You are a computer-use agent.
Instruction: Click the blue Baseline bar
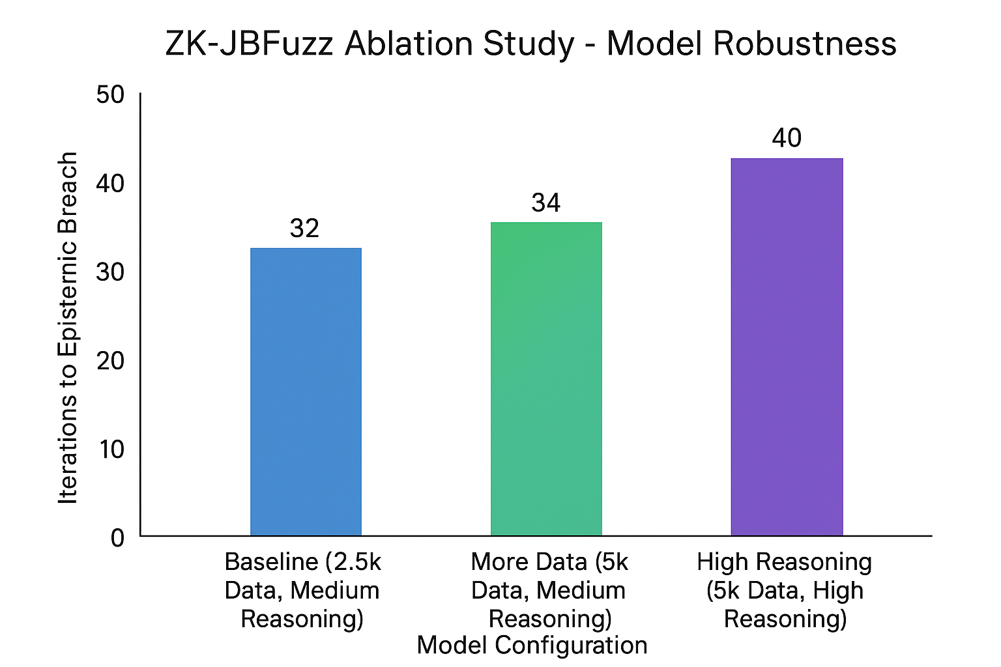306,391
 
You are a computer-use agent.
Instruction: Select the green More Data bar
546,378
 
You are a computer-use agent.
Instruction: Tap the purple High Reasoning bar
787,347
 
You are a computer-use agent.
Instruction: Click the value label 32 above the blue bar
304,229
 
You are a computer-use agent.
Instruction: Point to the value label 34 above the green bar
545,203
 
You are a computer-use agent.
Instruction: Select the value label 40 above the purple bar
787,138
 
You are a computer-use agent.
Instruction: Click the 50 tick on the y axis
110,95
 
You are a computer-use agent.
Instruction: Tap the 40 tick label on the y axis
110,184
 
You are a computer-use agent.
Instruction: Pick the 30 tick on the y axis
110,272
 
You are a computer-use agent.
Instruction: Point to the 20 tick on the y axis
110,361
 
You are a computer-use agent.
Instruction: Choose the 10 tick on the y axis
110,449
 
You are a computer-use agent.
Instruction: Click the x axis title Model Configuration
532,646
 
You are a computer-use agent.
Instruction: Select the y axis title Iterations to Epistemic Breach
68,328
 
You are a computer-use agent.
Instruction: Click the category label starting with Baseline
302,590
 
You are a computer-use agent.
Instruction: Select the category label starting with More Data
549,590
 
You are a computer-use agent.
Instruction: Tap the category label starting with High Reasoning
785,590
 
